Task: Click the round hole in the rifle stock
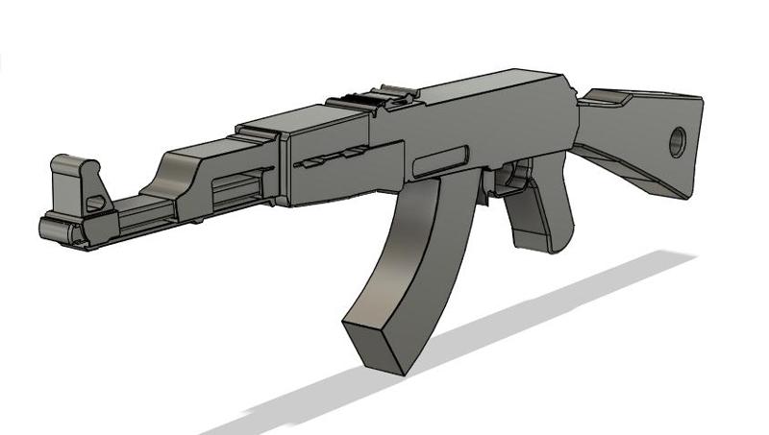click(x=677, y=142)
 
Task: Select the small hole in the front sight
click(x=95, y=203)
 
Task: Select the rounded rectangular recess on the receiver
click(x=438, y=160)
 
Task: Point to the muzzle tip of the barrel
click(x=48, y=230)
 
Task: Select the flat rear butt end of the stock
click(x=689, y=144)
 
